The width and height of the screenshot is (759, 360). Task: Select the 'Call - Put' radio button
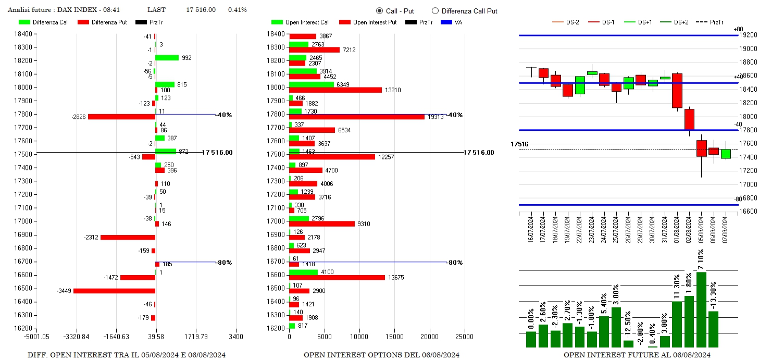click(x=379, y=11)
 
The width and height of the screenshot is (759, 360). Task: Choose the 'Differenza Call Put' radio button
click(x=436, y=11)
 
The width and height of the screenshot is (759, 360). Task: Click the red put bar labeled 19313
click(x=357, y=117)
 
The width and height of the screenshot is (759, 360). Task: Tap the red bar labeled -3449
click(x=114, y=291)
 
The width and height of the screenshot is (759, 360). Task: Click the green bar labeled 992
click(x=167, y=58)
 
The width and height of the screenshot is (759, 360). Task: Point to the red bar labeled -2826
click(x=121, y=117)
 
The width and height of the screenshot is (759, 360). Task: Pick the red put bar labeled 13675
click(x=337, y=278)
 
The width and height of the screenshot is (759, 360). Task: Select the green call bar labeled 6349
click(x=312, y=84)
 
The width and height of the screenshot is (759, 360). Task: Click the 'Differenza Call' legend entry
click(x=44, y=22)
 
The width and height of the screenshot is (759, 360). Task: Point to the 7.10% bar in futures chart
click(x=701, y=309)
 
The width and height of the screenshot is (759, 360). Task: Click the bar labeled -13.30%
click(x=713, y=329)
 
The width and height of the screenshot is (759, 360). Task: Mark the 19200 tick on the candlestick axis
click(x=749, y=35)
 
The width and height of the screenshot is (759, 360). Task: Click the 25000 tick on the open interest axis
click(x=464, y=337)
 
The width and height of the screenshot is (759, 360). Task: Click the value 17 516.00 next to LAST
click(x=201, y=10)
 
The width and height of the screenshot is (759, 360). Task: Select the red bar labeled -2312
click(x=128, y=238)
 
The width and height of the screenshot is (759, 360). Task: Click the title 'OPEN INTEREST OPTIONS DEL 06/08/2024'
click(x=381, y=355)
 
